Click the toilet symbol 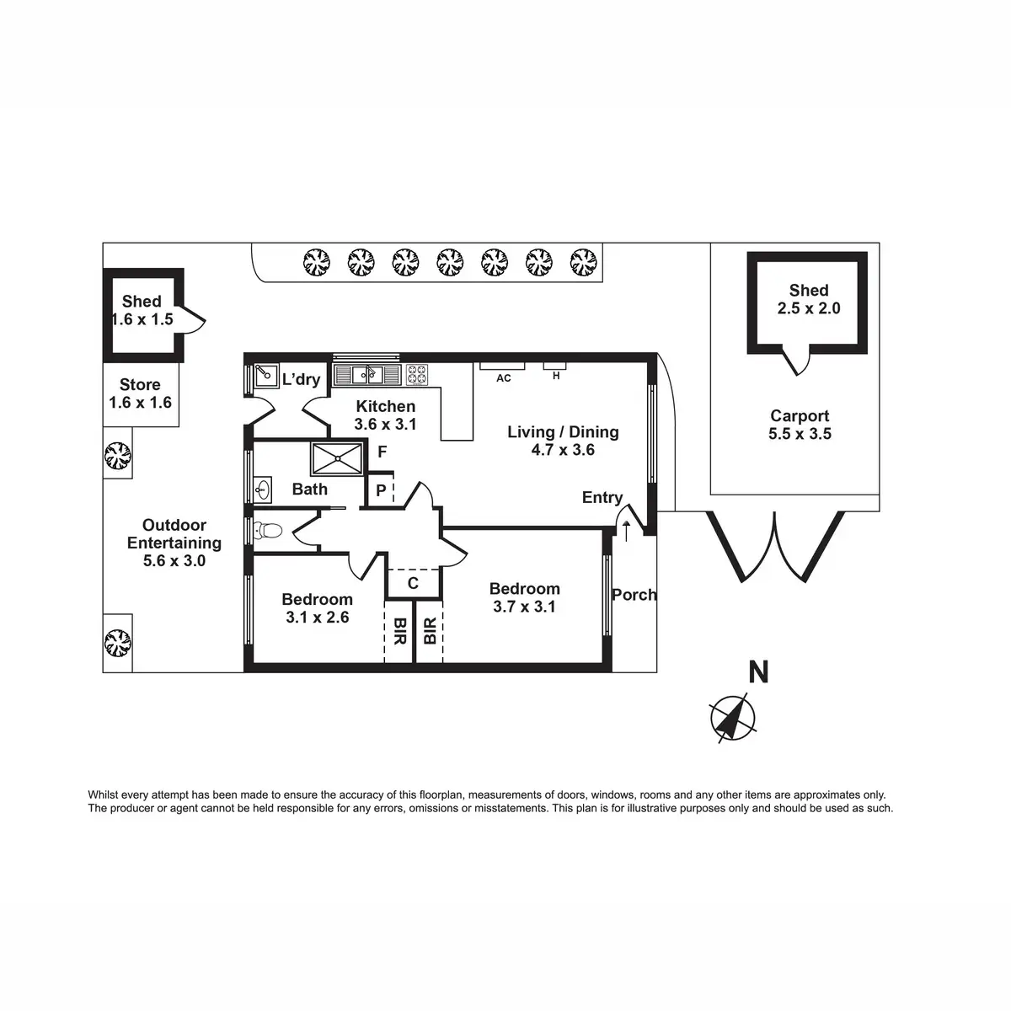[270, 531]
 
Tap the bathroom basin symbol [263, 488]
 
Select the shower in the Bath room [337, 458]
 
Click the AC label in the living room [503, 379]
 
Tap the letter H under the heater [556, 377]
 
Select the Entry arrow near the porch [625, 530]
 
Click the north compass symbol [733, 718]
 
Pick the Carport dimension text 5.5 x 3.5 [800, 435]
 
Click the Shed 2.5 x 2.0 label [809, 299]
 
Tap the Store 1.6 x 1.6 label [140, 393]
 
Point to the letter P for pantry [381, 490]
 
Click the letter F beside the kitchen [382, 452]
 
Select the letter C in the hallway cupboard [413, 582]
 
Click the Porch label [634, 595]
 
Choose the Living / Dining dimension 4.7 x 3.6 [563, 451]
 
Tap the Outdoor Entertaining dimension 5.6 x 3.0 [174, 561]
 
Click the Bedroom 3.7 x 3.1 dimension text [524, 607]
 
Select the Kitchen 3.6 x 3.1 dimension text [385, 425]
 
